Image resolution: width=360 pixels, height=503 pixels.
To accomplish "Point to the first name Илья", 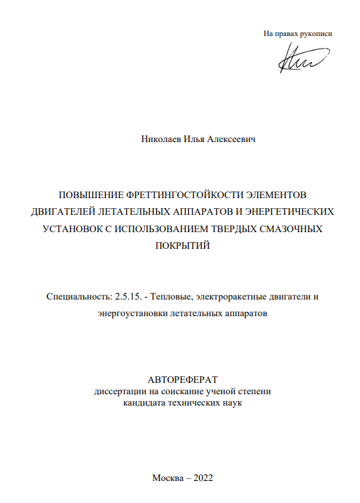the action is coord(193,140).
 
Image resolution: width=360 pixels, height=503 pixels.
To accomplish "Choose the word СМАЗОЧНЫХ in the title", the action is coord(294,229).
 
